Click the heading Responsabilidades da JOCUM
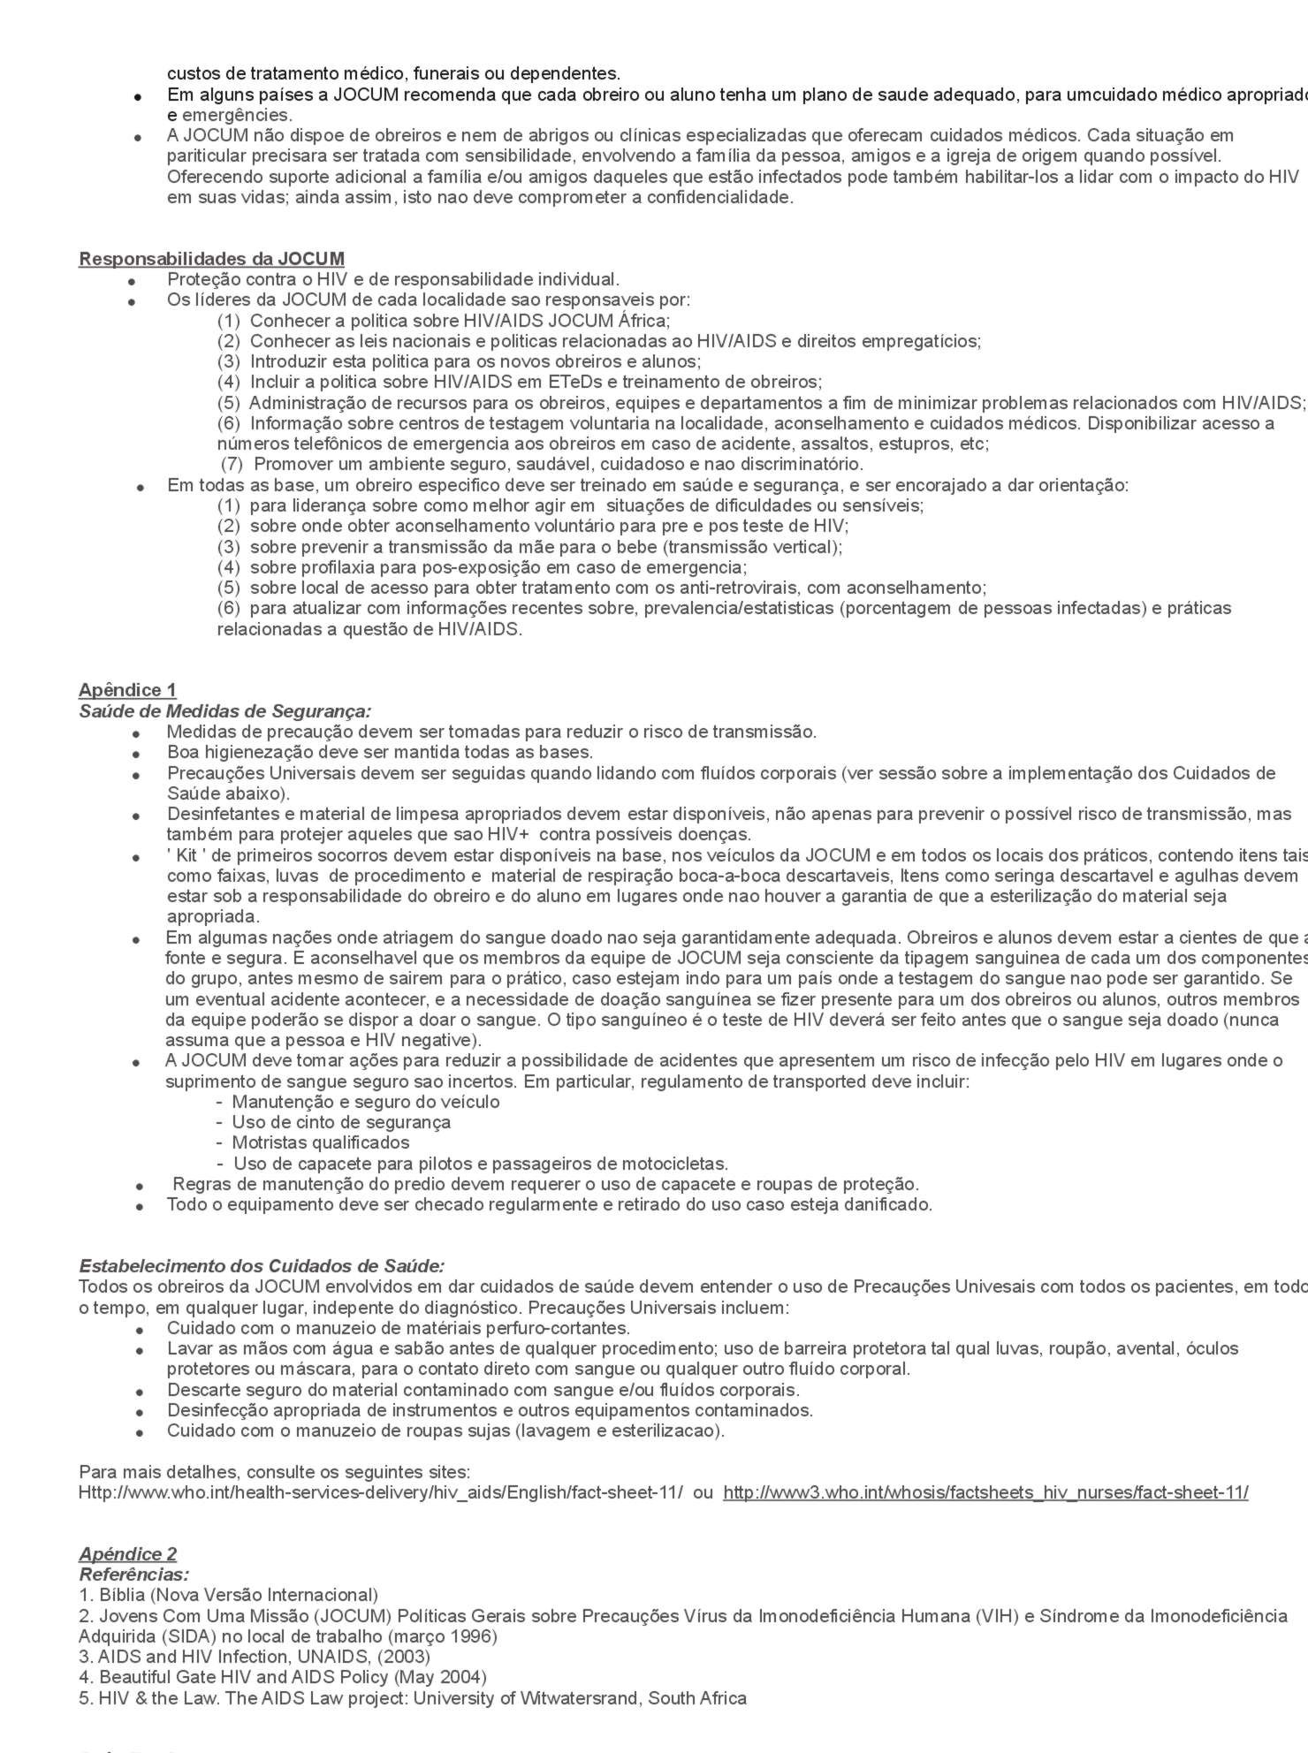[211, 259]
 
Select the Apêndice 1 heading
[127, 690]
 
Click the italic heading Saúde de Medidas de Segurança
[224, 711]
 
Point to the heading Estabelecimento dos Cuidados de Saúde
[262, 1266]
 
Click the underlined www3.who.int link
[985, 1492]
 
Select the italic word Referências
[134, 1575]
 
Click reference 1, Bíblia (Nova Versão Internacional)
[229, 1595]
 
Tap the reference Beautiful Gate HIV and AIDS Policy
[283, 1677]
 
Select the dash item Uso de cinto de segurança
[341, 1122]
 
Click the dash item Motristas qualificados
[320, 1142]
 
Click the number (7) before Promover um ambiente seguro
[232, 464]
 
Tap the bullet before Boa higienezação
[136, 754]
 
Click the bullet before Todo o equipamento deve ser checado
[140, 1206]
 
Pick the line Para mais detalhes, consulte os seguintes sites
[274, 1472]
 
